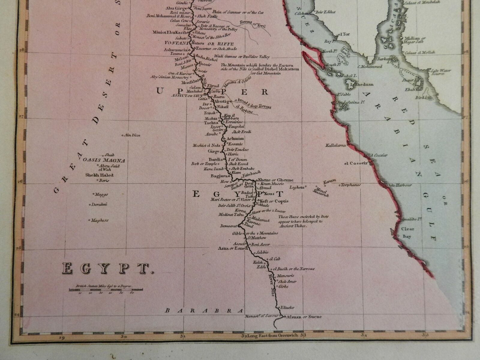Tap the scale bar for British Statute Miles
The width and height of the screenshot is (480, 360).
[x=106, y=290]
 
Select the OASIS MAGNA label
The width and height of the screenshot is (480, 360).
[x=104, y=160]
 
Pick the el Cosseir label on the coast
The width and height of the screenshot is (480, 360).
[x=355, y=163]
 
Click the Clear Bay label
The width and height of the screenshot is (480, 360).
[x=408, y=232]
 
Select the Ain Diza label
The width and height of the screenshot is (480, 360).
[x=132, y=135]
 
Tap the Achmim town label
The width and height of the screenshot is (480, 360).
[x=235, y=139]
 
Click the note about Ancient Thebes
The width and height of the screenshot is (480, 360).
[x=300, y=221]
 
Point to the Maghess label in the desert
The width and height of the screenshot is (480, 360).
[x=100, y=220]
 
